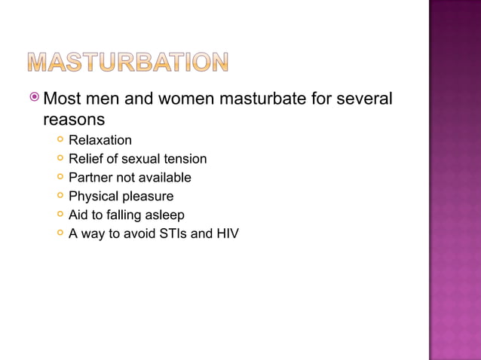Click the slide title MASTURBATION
click(x=129, y=62)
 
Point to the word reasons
click(x=74, y=119)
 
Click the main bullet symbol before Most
click(x=34, y=98)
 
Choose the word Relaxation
click(x=100, y=140)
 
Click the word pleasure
click(x=148, y=197)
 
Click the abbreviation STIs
click(x=175, y=234)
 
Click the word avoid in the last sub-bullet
click(x=135, y=234)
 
